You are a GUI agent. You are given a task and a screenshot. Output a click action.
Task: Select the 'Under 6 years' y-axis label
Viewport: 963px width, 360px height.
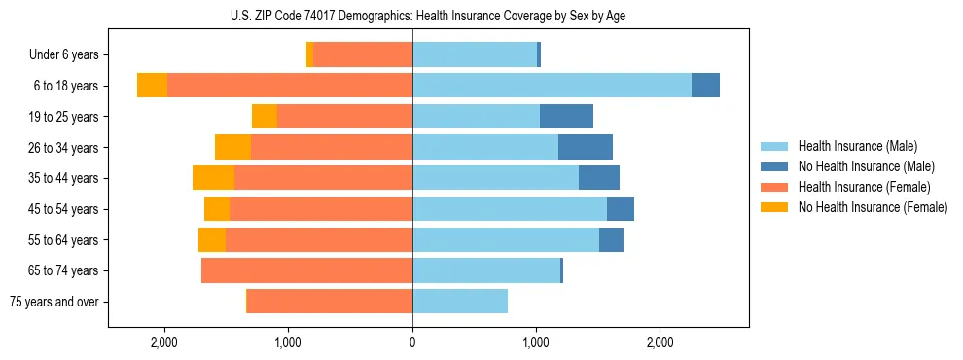tap(70, 55)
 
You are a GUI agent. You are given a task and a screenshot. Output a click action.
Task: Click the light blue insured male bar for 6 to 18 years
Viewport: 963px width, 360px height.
tap(552, 86)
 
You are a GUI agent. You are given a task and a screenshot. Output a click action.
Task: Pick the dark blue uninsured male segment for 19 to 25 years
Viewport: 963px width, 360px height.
tap(566, 117)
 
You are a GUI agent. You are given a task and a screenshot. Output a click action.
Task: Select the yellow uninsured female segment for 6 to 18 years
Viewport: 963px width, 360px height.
tap(152, 86)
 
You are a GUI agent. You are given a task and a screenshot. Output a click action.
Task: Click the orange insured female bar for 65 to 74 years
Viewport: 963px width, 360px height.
tap(306, 270)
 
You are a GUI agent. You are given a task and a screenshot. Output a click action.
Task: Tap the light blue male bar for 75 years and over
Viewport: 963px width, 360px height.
tap(460, 302)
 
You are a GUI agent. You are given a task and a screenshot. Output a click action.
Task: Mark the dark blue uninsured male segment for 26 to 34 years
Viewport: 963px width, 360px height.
tap(586, 147)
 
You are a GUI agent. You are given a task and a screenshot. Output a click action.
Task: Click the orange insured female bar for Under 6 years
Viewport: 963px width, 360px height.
tap(362, 55)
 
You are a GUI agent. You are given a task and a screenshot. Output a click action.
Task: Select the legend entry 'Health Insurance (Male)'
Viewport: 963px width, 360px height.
tap(857, 147)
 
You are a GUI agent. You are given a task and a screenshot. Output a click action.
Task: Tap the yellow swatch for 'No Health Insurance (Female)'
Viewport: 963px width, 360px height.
tap(775, 207)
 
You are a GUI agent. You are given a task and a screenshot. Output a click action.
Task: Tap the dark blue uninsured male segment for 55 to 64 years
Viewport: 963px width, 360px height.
tap(611, 239)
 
